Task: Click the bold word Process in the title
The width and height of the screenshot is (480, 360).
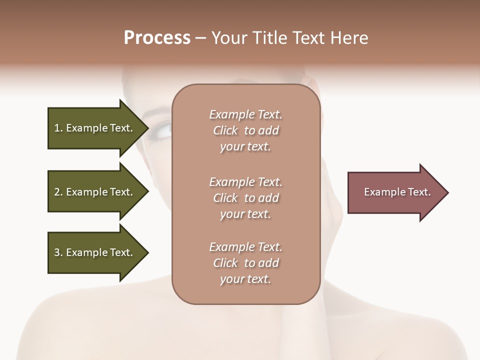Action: [157, 38]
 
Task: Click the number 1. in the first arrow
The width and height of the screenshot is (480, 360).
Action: [58, 128]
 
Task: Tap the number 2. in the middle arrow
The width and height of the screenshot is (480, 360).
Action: [58, 192]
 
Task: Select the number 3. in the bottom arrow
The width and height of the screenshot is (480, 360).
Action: [58, 252]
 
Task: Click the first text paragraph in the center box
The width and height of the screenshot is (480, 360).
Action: [245, 130]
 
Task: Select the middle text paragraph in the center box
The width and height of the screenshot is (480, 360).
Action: [245, 198]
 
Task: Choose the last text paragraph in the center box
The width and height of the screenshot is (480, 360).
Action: [245, 263]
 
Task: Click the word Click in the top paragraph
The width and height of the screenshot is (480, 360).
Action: [225, 131]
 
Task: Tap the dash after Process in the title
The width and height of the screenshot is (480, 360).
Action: [200, 38]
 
